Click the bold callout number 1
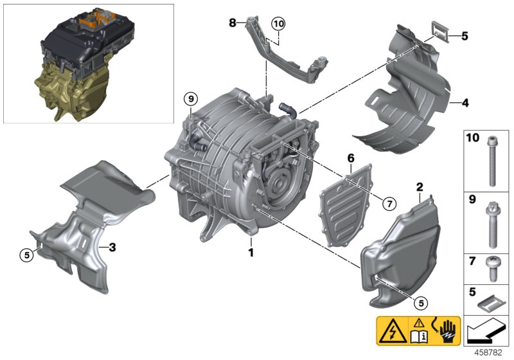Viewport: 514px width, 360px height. (251, 253)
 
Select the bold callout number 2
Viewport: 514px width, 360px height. (419, 187)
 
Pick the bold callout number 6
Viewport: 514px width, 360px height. (350, 157)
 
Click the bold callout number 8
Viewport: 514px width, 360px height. (233, 22)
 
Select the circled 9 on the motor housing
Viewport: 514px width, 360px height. (190, 99)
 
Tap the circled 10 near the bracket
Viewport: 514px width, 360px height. (277, 24)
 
